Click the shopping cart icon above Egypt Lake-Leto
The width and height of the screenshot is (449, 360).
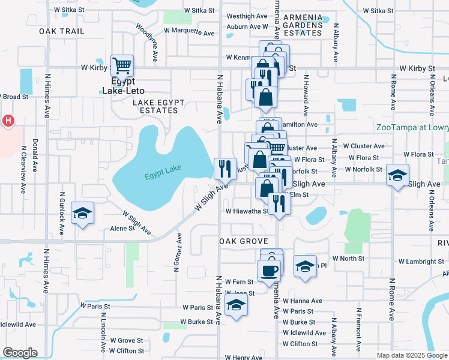(x=122, y=65)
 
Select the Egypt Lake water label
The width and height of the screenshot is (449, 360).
(x=163, y=175)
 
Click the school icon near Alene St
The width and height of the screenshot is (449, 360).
(x=82, y=213)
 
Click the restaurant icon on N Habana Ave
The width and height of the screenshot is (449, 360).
(x=225, y=169)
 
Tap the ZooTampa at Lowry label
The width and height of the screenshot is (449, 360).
(x=412, y=127)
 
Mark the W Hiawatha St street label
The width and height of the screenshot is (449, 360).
(x=246, y=211)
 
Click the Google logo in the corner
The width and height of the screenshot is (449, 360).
(x=20, y=353)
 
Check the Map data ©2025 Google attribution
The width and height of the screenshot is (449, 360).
(x=412, y=355)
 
